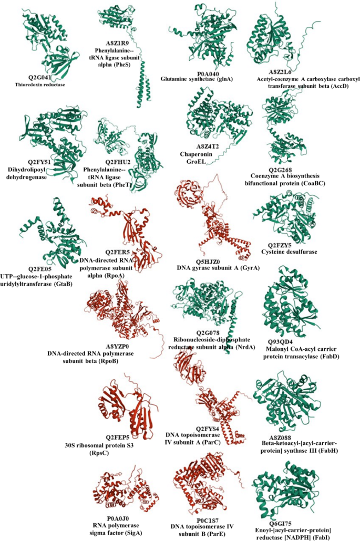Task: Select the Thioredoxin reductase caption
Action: [x=44, y=84]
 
